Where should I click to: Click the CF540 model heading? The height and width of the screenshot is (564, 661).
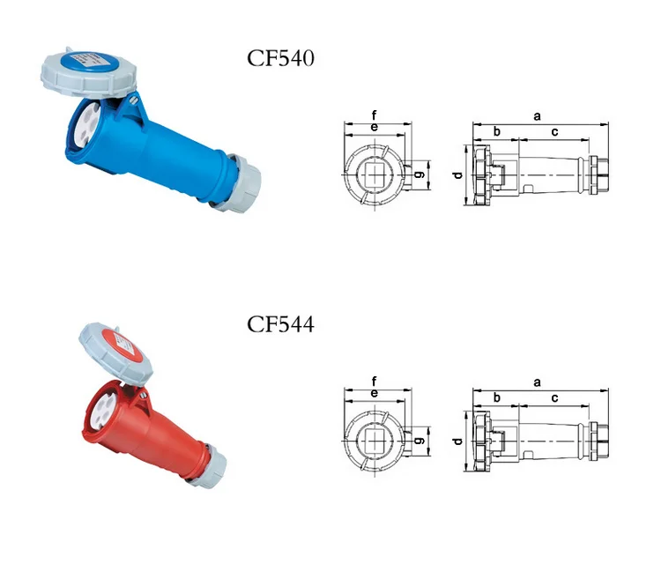[280, 58]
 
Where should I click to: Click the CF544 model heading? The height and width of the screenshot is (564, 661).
[280, 324]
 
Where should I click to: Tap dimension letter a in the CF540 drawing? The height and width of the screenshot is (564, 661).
[537, 116]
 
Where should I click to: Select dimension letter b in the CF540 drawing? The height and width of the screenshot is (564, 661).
[497, 131]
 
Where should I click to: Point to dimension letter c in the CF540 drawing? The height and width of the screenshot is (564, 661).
[554, 132]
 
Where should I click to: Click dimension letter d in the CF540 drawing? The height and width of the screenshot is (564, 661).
[457, 174]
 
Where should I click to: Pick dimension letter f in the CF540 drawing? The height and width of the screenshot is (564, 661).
[374, 115]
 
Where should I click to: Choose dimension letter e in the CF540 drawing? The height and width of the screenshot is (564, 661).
[375, 127]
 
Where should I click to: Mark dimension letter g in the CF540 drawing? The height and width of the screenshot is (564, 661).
[420, 174]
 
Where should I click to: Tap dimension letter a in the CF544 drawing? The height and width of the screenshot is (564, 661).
[537, 382]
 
